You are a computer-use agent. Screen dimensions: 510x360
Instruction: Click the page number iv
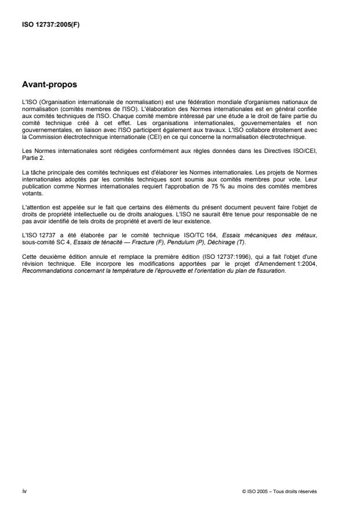24,491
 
